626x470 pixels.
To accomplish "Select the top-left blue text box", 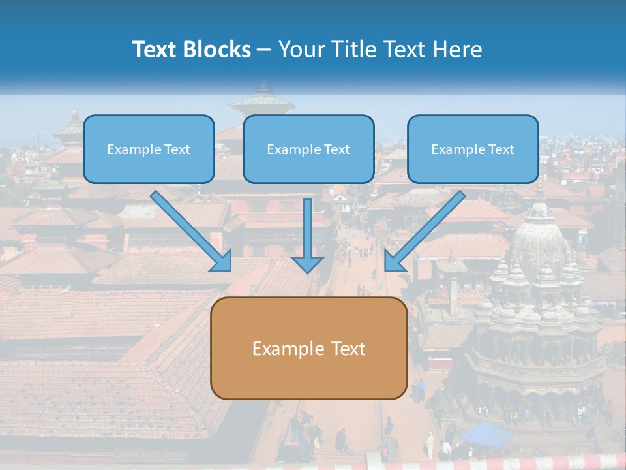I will (x=149, y=149).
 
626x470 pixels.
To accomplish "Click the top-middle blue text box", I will (x=308, y=149).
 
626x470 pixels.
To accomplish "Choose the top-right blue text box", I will (x=473, y=149).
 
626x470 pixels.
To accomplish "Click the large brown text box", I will (x=308, y=349).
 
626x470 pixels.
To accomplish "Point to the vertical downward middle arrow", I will (x=307, y=235).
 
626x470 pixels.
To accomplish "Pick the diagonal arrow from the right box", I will (x=424, y=231).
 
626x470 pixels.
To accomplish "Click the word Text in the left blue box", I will (x=178, y=149).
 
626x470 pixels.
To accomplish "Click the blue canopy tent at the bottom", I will (x=486, y=434).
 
